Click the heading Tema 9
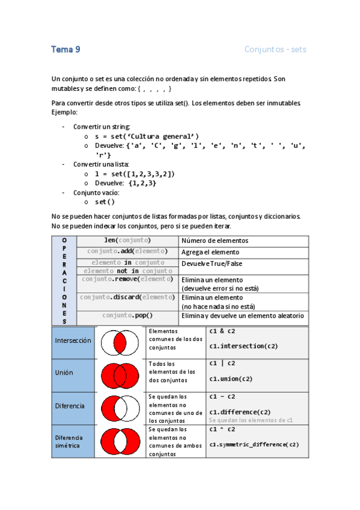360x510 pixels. pos(66,50)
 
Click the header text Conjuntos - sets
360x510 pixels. pos(275,50)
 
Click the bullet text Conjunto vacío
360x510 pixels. pos(96,192)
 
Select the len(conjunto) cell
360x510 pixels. pos(127,241)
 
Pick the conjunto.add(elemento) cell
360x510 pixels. pos(127,251)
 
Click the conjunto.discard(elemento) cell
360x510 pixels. pos(127,297)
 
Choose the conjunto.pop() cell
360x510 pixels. pos(127,315)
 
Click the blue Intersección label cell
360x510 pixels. pos(73,340)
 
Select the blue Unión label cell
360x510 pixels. pos(73,373)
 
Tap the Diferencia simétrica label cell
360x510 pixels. pos(73,441)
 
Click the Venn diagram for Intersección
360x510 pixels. pos(121,343)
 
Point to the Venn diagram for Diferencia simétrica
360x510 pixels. pos(121,441)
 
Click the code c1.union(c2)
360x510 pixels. pos(231,379)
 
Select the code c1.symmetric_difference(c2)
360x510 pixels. pos(254,445)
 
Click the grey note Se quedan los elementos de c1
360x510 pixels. pos(250,420)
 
